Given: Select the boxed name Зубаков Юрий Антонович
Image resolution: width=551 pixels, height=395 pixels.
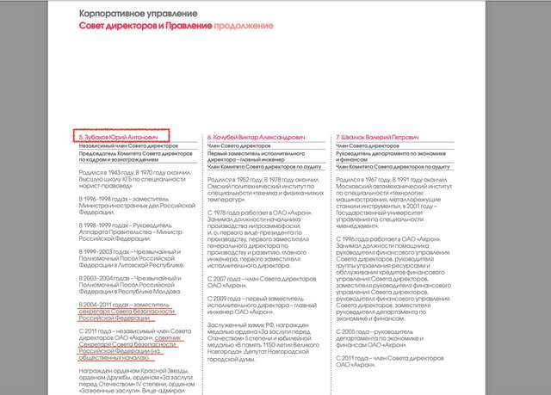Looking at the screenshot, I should [121, 137].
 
